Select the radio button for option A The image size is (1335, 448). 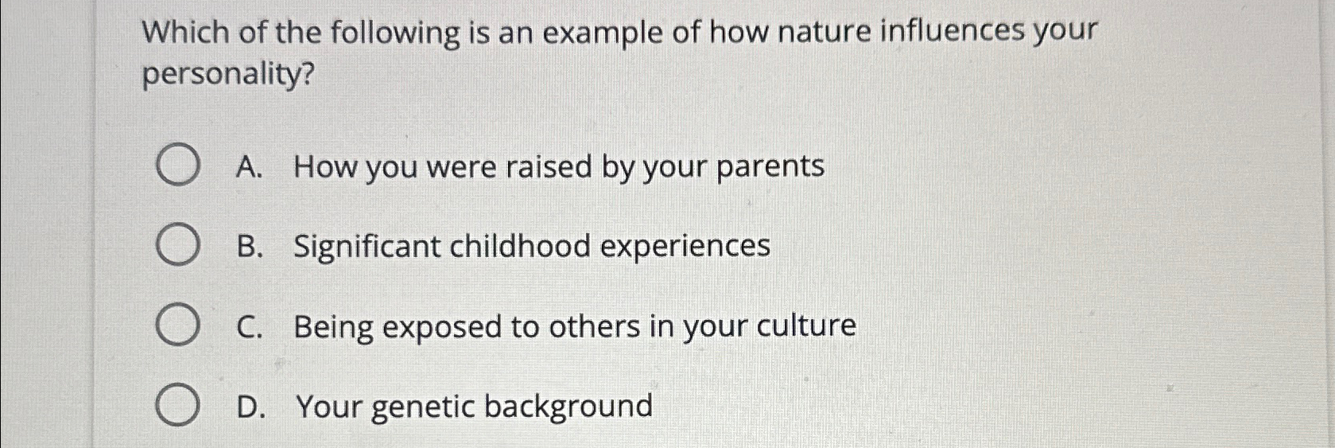click(x=177, y=166)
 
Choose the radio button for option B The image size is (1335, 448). click(x=177, y=245)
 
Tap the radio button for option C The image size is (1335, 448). click(x=177, y=325)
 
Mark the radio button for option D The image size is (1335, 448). click(x=177, y=406)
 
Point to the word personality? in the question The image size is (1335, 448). click(x=228, y=76)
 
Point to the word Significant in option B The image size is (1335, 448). click(x=367, y=247)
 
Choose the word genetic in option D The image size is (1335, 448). click(x=422, y=407)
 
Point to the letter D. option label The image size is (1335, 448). click(x=249, y=406)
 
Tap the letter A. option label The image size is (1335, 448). click(x=249, y=166)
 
